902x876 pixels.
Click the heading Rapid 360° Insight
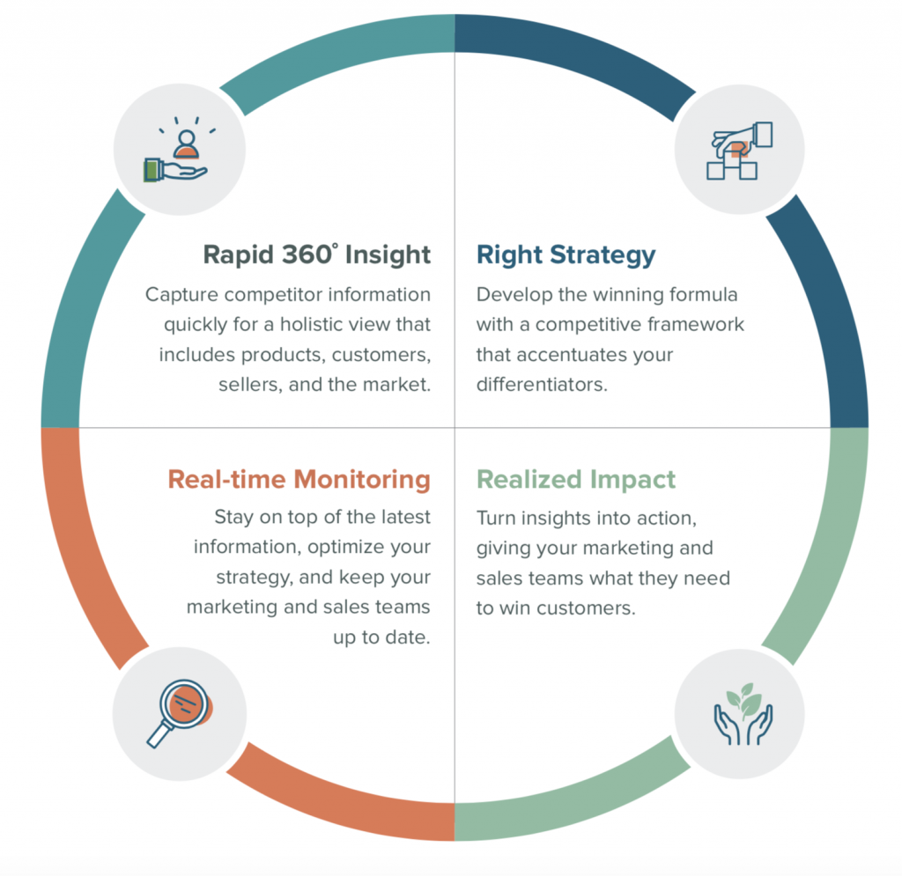point(317,255)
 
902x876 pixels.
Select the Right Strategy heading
point(566,255)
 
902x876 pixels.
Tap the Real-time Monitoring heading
point(299,480)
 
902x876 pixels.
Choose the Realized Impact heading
point(575,480)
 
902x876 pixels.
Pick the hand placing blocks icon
point(740,151)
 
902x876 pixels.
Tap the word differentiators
point(542,386)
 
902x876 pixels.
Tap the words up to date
point(381,637)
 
